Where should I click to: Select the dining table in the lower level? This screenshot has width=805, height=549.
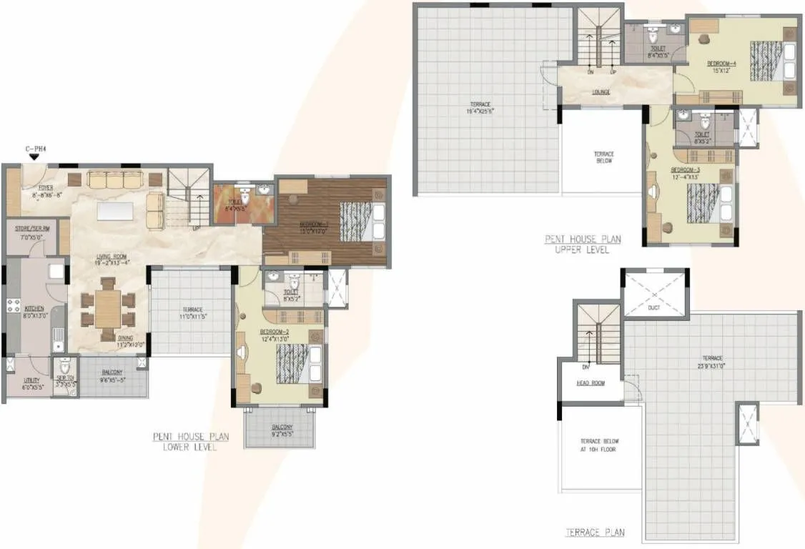107,308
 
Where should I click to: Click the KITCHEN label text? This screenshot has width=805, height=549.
34,310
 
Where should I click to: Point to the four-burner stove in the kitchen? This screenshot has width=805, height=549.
13,305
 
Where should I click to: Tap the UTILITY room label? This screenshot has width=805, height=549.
30,383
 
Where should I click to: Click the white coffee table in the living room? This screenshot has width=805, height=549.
117,210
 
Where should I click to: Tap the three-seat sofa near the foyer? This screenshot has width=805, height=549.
114,180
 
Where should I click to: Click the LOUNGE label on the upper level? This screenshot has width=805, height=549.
601,92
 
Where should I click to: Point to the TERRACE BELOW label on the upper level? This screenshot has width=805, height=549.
604,157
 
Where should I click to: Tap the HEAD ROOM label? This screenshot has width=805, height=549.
591,383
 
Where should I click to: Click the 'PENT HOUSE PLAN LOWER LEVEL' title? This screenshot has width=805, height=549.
184,441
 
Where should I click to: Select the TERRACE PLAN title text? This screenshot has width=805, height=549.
595,533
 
